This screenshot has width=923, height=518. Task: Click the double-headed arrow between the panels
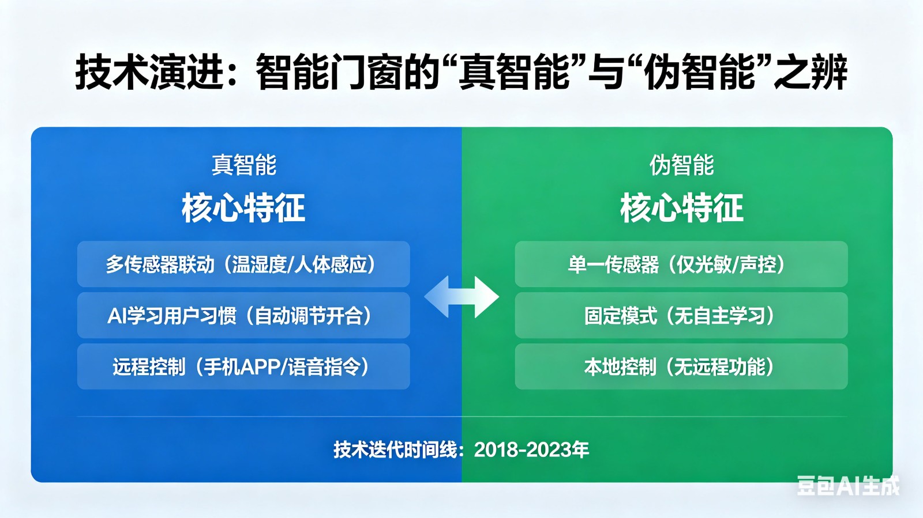(461, 297)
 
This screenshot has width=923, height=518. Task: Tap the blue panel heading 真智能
(244, 165)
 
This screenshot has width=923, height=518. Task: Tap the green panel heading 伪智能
(681, 165)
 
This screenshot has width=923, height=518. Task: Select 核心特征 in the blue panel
(243, 208)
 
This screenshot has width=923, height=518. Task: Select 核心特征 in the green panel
(681, 208)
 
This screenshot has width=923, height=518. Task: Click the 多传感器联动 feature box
(243, 264)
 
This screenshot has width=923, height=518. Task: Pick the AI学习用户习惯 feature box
(243, 316)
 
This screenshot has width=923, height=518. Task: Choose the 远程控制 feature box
(243, 367)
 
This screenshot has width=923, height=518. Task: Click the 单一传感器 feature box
(681, 264)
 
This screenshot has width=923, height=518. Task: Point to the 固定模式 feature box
(681, 316)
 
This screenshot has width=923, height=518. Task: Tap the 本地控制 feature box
(681, 367)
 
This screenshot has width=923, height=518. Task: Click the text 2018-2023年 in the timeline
(531, 450)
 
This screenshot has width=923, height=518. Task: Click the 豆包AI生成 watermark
(847, 486)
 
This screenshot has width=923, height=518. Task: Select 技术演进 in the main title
(149, 73)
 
